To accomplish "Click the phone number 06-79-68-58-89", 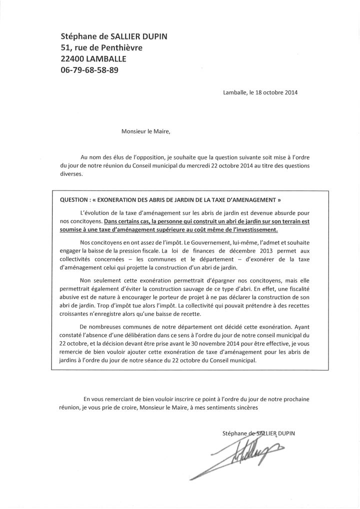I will click(90, 70).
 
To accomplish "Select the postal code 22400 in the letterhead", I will click(73, 59).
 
